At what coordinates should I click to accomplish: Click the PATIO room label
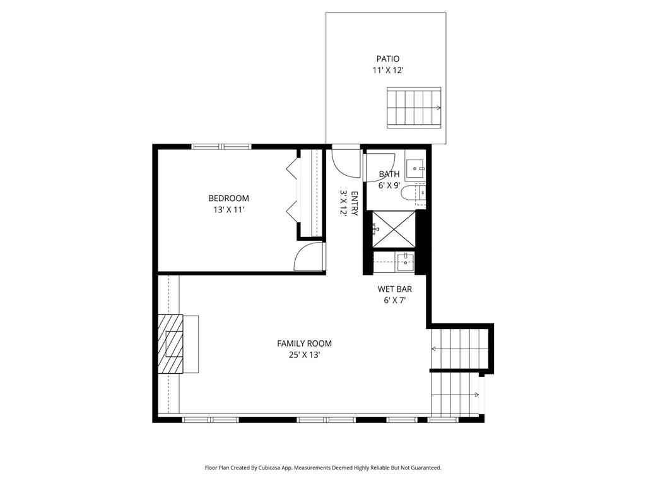pyautogui.click(x=387, y=59)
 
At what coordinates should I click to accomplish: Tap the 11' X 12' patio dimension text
pyautogui.click(x=387, y=71)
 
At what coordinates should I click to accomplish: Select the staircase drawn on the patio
pyautogui.click(x=414, y=108)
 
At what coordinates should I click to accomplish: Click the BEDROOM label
pyautogui.click(x=228, y=198)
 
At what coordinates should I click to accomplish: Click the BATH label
pyautogui.click(x=389, y=174)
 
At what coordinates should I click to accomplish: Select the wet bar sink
pyautogui.click(x=405, y=262)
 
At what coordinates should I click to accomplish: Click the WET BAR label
pyautogui.click(x=395, y=289)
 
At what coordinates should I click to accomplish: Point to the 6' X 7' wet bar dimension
pyautogui.click(x=395, y=301)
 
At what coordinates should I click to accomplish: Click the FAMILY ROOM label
pyautogui.click(x=304, y=343)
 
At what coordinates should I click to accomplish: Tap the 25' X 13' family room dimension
pyautogui.click(x=304, y=355)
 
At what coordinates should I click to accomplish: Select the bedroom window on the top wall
pyautogui.click(x=221, y=146)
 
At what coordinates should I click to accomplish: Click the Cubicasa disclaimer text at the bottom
pyautogui.click(x=322, y=468)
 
